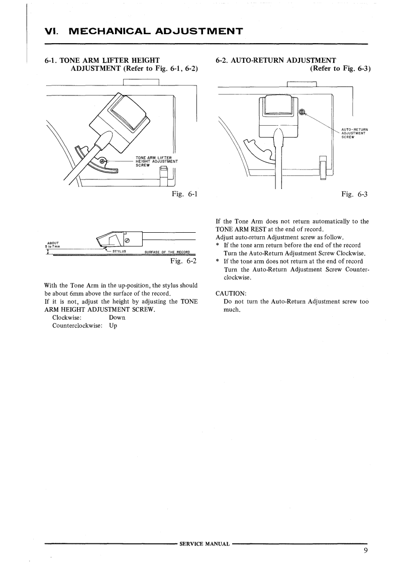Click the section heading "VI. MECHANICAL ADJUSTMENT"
143,32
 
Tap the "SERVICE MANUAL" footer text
205,544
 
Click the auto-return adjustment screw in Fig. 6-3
303,112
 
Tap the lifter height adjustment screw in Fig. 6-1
103,162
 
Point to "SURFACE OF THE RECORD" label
166,252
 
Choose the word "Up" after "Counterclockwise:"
113,326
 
